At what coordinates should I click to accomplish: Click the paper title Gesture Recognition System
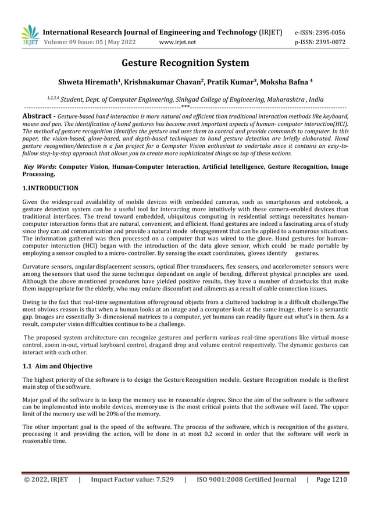click(185, 63)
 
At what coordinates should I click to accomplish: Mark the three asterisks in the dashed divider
click(184, 107)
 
